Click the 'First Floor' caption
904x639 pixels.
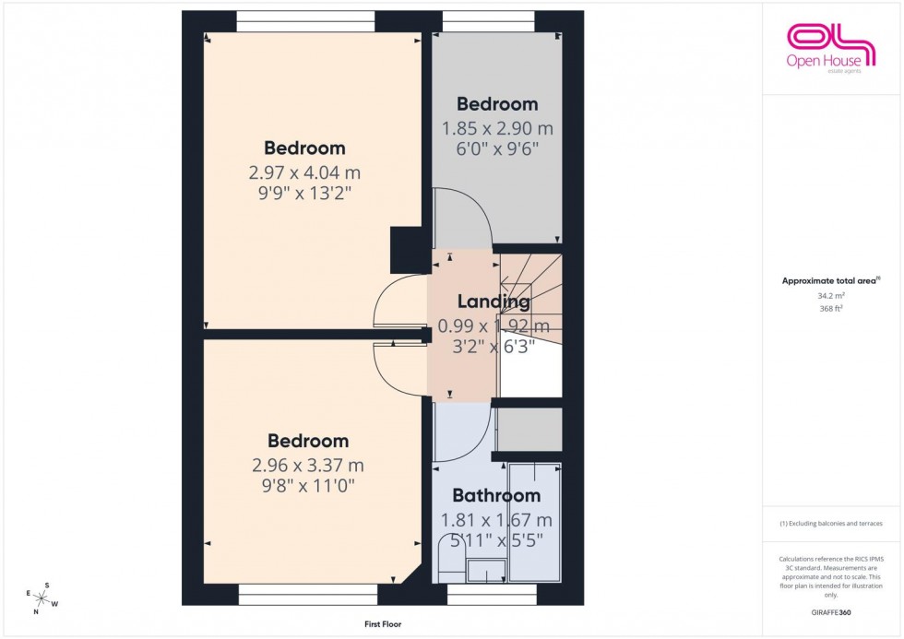[382, 624]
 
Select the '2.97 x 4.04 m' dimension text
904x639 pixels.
[304, 172]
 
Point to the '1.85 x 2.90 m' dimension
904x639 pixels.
[497, 128]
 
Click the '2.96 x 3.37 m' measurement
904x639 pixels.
[308, 465]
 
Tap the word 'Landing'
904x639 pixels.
[494, 302]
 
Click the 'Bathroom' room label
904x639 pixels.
[496, 496]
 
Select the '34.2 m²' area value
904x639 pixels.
[829, 295]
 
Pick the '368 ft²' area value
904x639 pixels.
[829, 309]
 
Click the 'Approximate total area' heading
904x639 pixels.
[829, 280]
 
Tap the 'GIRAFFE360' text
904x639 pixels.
[829, 612]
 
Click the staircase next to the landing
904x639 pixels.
[530, 295]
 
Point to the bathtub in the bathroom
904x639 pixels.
[535, 521]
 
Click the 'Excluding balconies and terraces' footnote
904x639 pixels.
[830, 523]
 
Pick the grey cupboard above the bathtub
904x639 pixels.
[529, 430]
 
